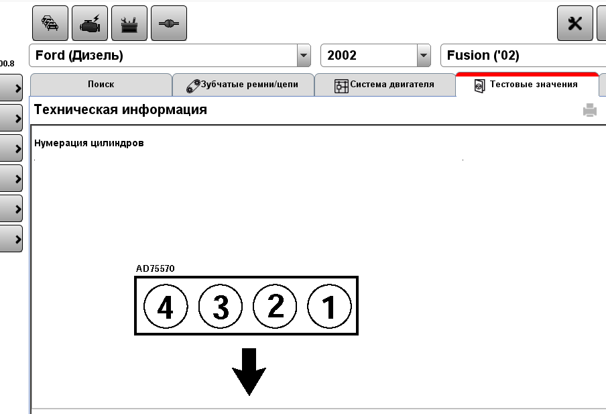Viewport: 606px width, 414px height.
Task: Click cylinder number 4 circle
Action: [166, 307]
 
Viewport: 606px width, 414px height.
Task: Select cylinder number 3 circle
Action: [221, 307]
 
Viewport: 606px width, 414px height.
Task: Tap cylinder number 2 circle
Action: [275, 307]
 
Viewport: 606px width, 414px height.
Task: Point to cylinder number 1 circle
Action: [330, 307]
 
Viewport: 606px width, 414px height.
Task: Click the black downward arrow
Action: [249, 372]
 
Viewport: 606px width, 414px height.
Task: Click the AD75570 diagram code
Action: [155, 268]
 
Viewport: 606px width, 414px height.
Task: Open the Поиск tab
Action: [101, 85]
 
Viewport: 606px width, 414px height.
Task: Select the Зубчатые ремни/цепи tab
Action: [243, 85]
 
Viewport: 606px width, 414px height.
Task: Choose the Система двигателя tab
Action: [385, 85]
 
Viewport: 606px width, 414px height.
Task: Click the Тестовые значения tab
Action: [527, 85]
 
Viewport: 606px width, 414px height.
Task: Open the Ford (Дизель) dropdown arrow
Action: [304, 55]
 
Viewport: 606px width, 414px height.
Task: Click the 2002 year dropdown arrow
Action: [424, 55]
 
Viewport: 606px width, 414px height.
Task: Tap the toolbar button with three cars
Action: [50, 23]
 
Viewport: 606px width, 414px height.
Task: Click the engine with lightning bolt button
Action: [90, 23]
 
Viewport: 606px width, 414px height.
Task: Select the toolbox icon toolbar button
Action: [129, 23]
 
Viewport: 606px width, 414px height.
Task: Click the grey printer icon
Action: [590, 110]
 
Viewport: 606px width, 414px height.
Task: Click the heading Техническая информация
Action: [121, 109]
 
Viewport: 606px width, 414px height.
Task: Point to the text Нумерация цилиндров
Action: [89, 143]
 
